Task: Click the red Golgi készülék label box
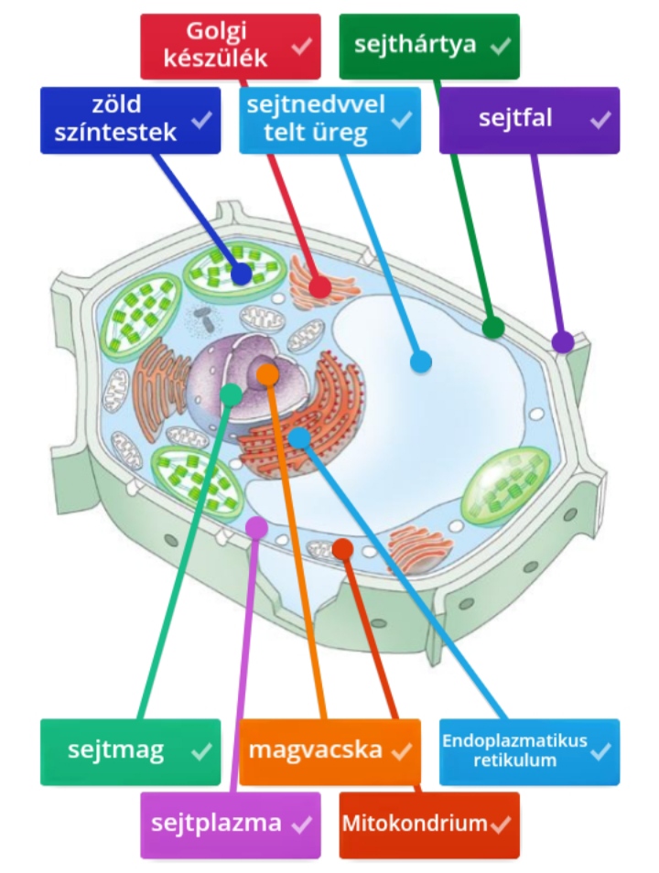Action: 230,47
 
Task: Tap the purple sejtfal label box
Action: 529,119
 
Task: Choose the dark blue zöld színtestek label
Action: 130,119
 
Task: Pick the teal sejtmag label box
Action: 130,751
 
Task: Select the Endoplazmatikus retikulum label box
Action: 529,751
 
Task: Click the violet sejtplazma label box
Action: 230,824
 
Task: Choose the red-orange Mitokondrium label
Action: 428,824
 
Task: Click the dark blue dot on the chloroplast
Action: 242,274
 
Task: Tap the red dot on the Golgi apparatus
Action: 319,286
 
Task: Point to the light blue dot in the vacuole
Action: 420,361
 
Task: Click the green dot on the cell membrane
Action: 492,328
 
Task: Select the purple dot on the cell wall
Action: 562,342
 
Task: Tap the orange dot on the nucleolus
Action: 267,373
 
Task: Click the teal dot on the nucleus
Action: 232,394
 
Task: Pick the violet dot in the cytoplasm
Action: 257,527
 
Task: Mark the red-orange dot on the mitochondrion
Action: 342,549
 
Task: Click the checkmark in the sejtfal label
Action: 600,119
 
